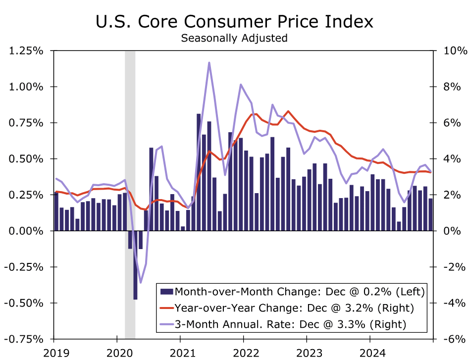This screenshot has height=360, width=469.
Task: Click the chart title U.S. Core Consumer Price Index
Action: [234, 22]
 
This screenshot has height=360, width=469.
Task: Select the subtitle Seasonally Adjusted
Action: [234, 38]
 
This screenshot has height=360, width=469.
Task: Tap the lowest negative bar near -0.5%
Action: [135, 265]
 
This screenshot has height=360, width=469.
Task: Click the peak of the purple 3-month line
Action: [209, 63]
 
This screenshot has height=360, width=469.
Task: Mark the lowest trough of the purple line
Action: [141, 283]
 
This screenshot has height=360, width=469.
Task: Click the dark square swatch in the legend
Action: [166, 291]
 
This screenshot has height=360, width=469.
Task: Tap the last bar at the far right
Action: [430, 214]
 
